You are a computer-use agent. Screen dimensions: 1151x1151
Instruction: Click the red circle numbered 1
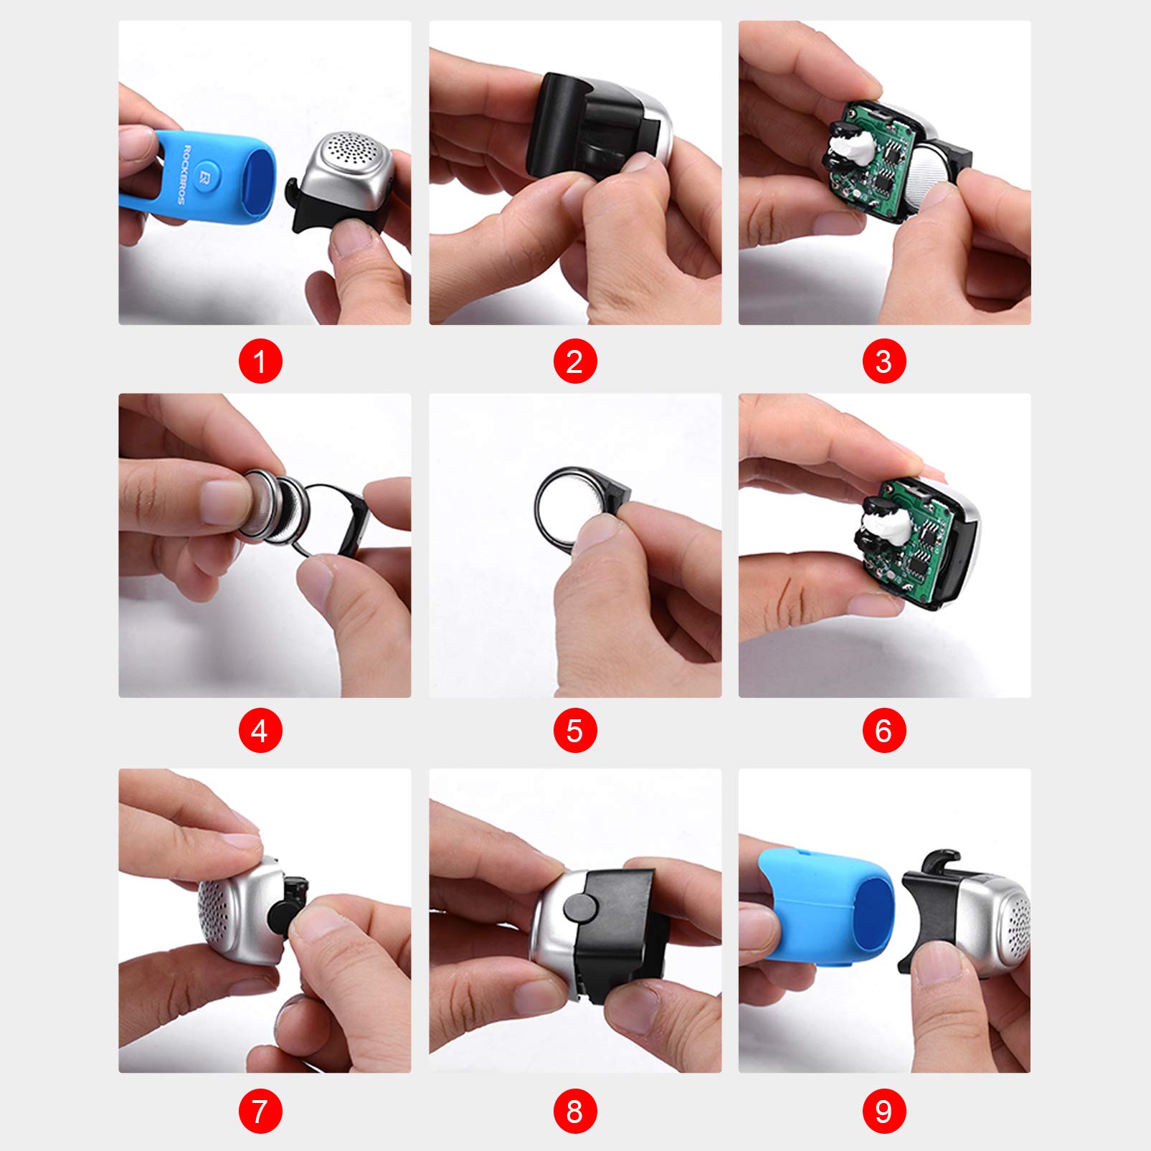click(x=260, y=361)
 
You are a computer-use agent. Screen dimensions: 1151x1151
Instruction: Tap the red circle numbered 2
click(x=574, y=361)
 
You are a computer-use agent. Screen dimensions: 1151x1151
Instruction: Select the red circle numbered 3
click(x=884, y=361)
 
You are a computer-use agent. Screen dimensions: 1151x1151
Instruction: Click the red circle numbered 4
click(x=260, y=731)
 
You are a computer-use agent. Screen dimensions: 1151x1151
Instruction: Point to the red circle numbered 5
click(x=574, y=731)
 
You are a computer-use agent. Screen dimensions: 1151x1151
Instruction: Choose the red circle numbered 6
click(x=884, y=731)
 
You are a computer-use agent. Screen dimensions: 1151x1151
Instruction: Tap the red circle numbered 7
click(x=260, y=1112)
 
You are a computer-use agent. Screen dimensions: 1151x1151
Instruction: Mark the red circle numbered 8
click(x=574, y=1112)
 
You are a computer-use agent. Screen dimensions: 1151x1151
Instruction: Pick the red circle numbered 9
click(x=884, y=1112)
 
